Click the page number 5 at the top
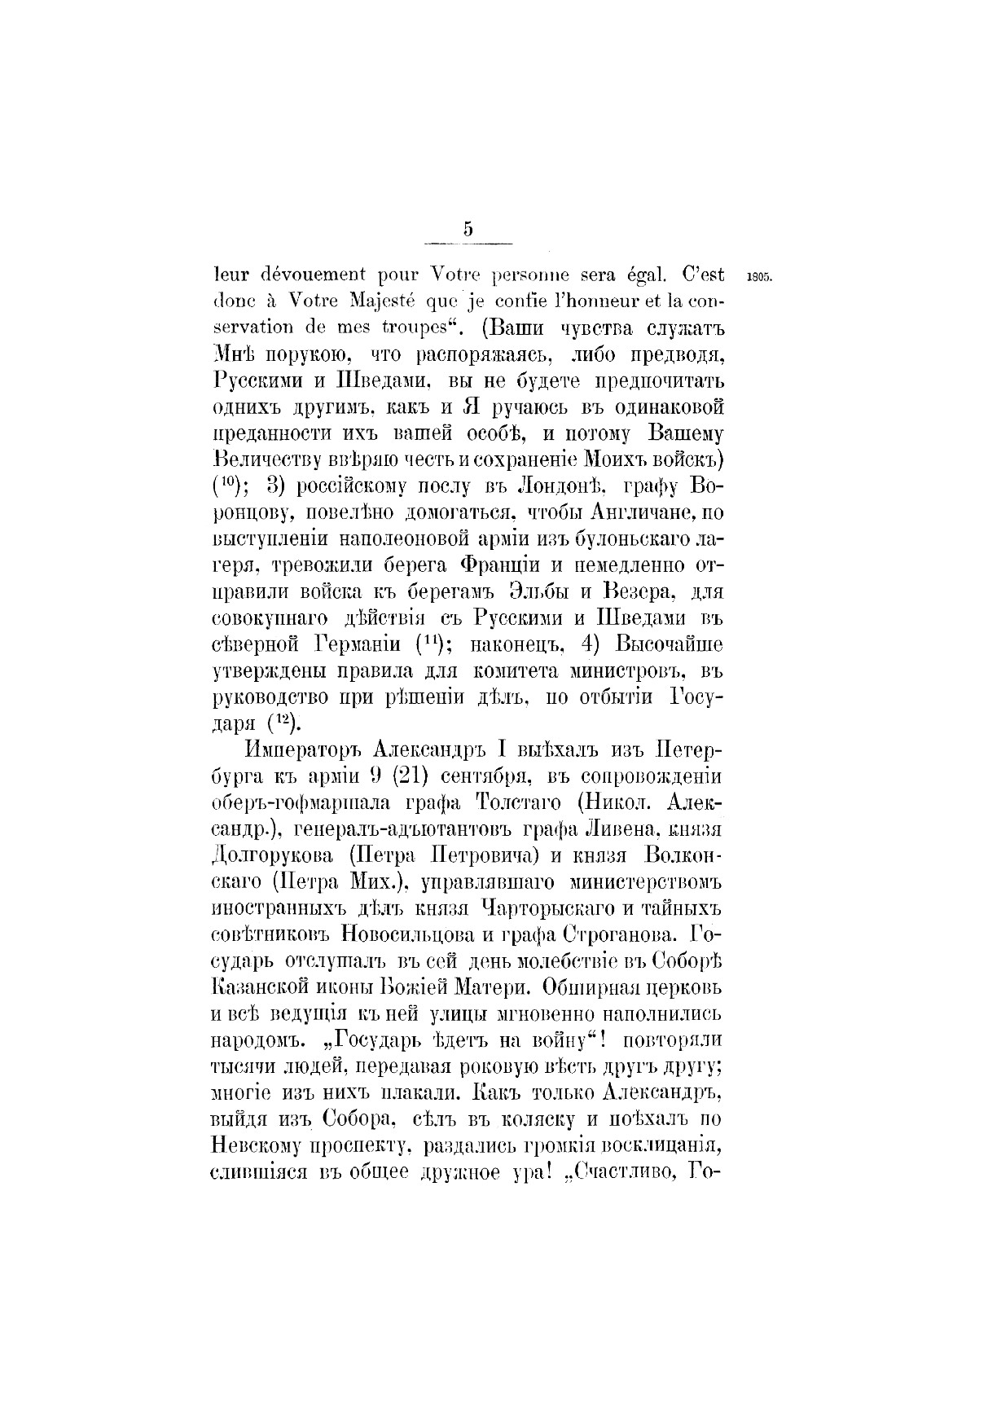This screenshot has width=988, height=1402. (468, 229)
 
